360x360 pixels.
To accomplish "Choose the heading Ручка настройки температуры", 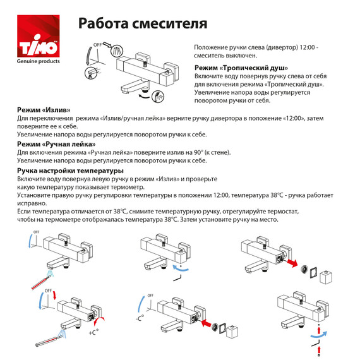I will pos(70,171).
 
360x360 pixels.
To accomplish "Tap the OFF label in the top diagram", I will pos(97,45).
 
